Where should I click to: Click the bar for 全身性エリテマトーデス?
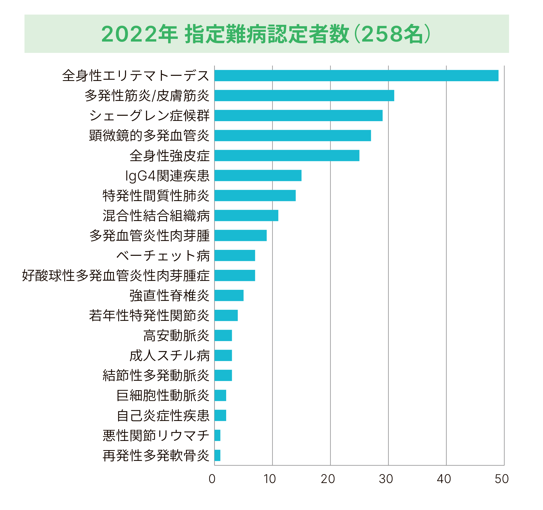click(356, 76)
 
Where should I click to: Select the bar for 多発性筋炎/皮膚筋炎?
click(304, 96)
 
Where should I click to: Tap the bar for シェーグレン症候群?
click(298, 115)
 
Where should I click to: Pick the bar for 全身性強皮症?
click(287, 155)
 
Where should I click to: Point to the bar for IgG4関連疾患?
click(258, 175)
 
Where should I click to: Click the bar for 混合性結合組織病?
click(246, 216)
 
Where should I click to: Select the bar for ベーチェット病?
click(235, 256)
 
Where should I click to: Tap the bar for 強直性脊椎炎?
click(229, 295)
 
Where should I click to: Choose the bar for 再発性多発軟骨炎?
click(218, 455)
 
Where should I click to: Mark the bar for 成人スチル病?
click(223, 355)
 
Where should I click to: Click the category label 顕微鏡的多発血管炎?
click(149, 135)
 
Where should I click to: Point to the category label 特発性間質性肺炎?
click(156, 196)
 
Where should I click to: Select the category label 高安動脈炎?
click(176, 335)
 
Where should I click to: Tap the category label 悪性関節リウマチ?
click(156, 436)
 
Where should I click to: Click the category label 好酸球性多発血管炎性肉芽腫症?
click(116, 275)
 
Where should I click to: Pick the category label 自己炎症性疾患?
click(163, 416)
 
